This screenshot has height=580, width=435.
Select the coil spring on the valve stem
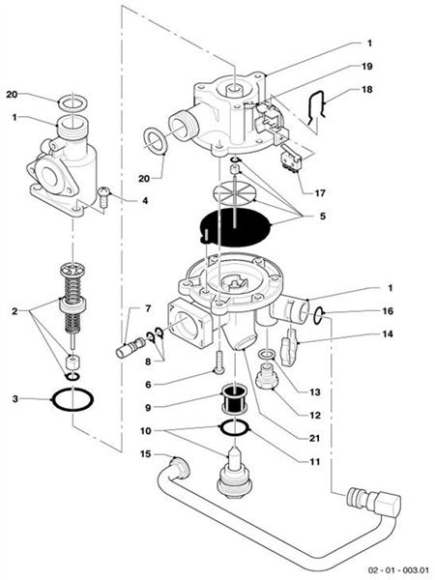(x=73, y=281)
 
